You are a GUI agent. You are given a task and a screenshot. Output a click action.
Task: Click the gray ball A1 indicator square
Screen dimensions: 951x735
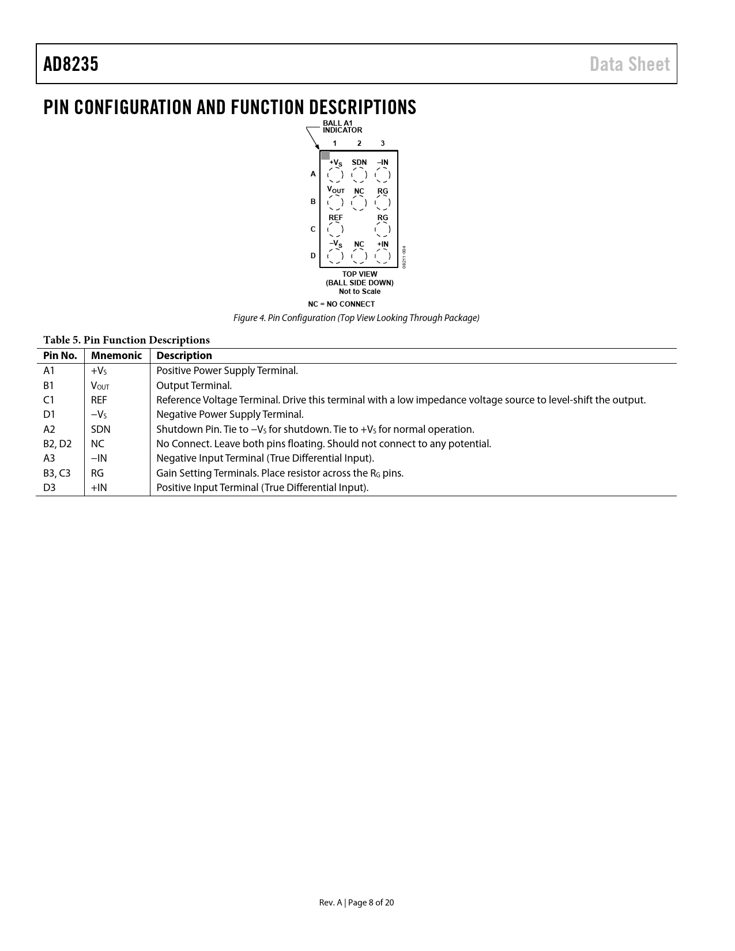[325, 155]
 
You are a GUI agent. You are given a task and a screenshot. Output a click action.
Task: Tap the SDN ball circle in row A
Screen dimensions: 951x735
[359, 175]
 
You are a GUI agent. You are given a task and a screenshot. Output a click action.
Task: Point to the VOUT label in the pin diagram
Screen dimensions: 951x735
[336, 190]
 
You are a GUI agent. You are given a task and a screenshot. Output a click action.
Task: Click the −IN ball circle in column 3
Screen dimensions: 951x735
[382, 175]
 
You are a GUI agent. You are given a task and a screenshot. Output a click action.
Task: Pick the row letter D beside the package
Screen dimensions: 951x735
[313, 255]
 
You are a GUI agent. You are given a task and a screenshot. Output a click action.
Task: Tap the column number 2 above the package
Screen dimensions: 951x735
[359, 143]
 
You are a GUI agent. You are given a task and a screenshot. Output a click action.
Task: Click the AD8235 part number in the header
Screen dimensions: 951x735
[71, 64]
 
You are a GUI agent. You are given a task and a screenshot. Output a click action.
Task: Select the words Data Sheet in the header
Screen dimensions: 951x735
[630, 64]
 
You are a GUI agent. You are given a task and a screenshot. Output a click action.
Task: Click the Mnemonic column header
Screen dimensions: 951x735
[116, 356]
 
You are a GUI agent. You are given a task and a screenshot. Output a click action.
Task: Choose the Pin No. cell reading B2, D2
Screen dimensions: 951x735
[58, 444]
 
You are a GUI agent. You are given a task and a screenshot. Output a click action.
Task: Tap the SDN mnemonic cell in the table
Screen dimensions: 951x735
[101, 429]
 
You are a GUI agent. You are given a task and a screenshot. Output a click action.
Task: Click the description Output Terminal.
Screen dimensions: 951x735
[194, 386]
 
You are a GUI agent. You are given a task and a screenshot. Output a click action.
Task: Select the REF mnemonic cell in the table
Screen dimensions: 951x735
[99, 400]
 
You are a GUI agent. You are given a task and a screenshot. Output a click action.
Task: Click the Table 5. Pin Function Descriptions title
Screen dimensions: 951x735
[126, 340]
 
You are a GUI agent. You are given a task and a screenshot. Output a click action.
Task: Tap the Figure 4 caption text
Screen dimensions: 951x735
[356, 318]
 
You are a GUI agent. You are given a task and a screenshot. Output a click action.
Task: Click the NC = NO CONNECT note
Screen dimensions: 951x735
[341, 304]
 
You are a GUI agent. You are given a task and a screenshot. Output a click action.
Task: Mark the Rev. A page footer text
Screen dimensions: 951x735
[356, 903]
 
